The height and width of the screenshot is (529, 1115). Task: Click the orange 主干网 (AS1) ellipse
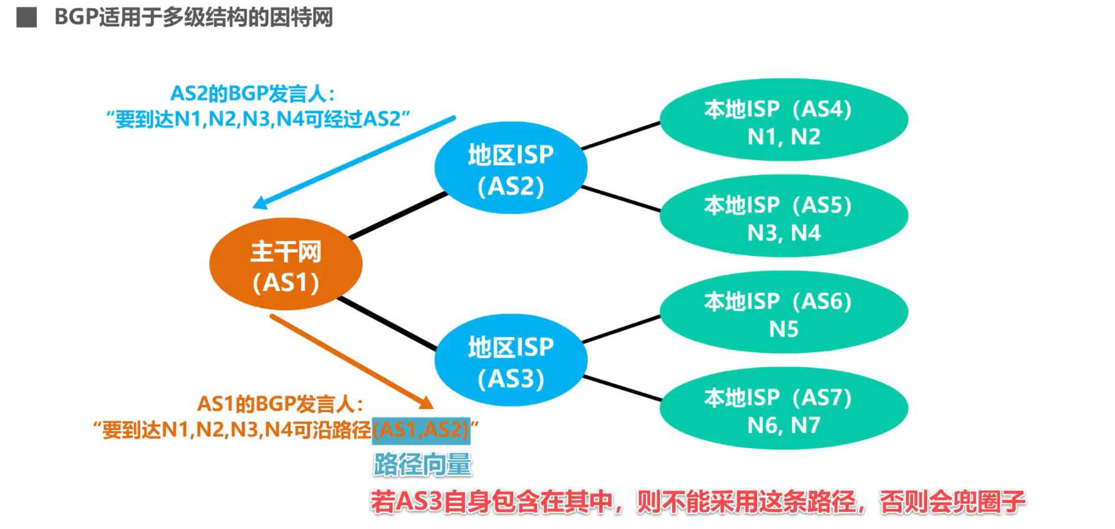pos(286,264)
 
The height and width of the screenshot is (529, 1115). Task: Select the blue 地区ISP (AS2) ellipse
pos(510,168)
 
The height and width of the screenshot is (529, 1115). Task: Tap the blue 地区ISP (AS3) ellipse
pos(510,361)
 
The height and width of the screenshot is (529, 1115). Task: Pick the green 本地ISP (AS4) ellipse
pos(783,120)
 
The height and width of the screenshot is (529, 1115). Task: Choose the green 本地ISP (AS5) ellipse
pos(783,216)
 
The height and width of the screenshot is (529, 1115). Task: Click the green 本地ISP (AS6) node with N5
pos(783,312)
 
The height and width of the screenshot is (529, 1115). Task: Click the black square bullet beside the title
pos(27,17)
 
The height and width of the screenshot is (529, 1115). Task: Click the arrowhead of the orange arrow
pos(426,403)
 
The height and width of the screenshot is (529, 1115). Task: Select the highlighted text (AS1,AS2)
pos(421,429)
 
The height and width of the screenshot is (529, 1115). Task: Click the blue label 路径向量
pos(422,465)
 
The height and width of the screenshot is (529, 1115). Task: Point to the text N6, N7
pos(783,425)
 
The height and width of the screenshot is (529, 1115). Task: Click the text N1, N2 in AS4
pos(783,136)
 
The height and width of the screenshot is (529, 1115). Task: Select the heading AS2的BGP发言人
pos(252,93)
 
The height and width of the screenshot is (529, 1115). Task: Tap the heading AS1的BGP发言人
pos(280,404)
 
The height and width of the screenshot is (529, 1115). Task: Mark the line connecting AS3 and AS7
pos(622,388)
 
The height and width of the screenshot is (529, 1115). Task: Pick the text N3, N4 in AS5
pos(783,233)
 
